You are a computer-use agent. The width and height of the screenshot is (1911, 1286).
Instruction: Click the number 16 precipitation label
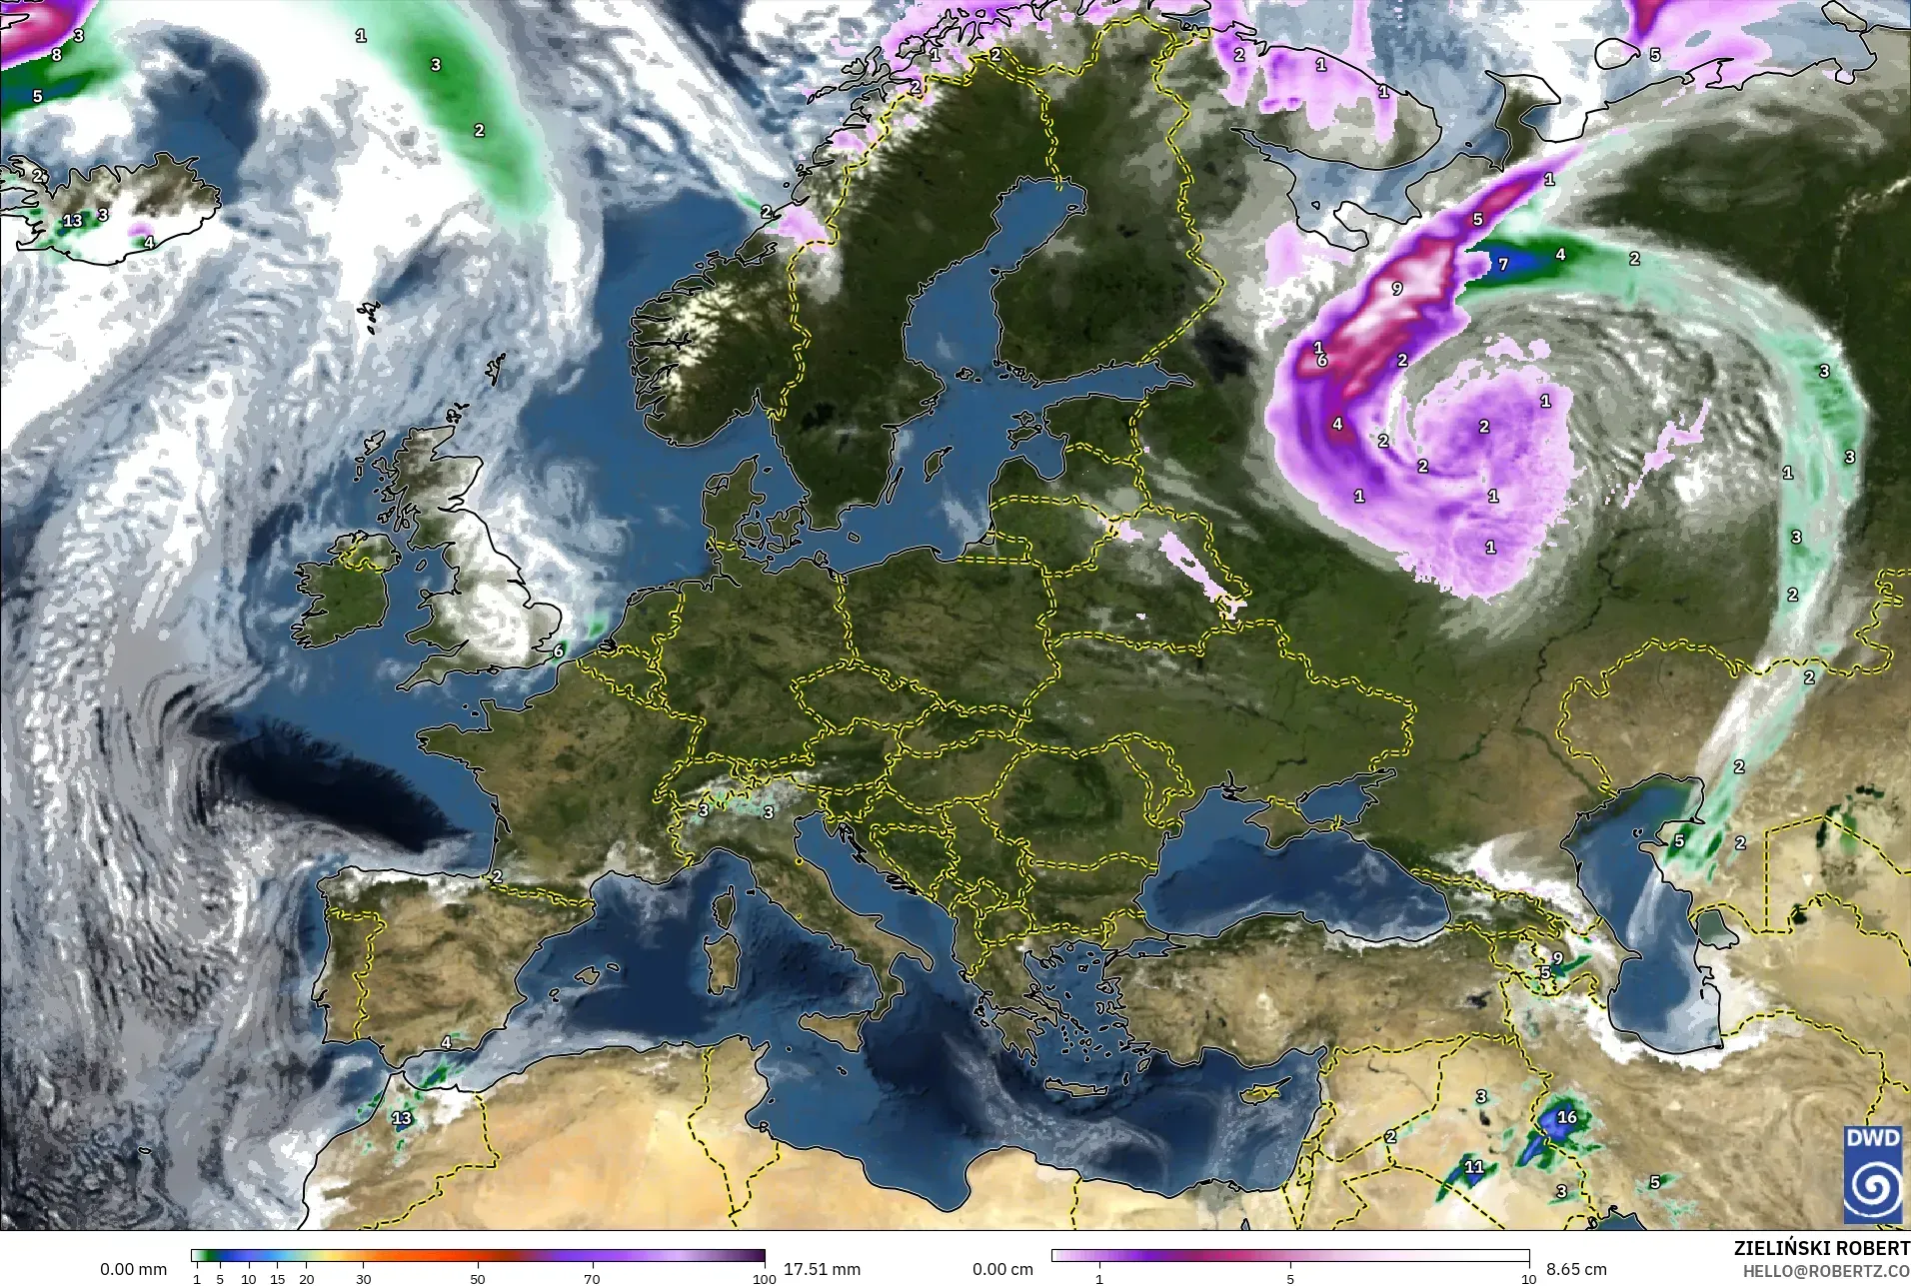(1566, 1117)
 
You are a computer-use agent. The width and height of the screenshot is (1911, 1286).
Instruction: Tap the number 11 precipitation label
(1474, 1166)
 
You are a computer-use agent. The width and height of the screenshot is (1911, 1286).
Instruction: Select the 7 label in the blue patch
(1502, 265)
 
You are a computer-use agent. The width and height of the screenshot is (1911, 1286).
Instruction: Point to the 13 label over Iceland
(73, 220)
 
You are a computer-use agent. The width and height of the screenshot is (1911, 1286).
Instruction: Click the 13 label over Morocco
(402, 1118)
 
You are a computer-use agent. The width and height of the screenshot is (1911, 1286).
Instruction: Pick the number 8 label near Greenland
(56, 55)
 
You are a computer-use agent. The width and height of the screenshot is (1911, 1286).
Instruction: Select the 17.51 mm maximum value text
(822, 1269)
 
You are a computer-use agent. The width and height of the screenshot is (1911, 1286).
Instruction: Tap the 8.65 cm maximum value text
(1577, 1269)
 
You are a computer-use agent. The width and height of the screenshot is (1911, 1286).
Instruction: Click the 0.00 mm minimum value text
(133, 1269)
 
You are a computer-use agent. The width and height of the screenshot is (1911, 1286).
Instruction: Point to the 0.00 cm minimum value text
(1004, 1269)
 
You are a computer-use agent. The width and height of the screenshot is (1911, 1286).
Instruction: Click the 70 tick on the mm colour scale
(592, 1279)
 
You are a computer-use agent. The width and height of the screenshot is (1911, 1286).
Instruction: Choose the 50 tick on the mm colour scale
(478, 1279)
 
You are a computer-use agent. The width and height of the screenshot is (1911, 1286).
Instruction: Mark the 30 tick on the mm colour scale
(364, 1279)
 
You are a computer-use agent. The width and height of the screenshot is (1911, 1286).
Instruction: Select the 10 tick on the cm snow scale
(1527, 1279)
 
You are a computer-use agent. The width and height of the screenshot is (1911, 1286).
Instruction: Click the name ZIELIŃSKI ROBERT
(1821, 1249)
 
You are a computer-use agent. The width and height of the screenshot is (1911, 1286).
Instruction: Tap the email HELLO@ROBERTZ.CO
(1826, 1271)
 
